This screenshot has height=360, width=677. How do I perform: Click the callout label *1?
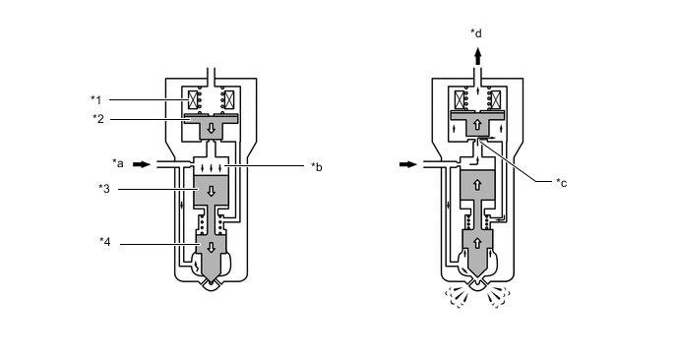coord(95,100)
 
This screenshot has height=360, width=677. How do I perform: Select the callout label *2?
coord(98,119)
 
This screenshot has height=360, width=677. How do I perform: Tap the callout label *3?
coord(104,189)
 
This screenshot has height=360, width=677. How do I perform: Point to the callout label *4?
coord(105,242)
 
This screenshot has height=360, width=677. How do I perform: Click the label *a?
coord(118,163)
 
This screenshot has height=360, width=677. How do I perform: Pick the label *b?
coord(317,167)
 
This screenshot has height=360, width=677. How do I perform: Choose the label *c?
coord(561,183)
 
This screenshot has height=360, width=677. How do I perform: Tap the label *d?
coord(476,33)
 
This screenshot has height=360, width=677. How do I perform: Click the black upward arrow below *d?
coord(477,56)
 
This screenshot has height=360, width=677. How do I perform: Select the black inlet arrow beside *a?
coord(142,164)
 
